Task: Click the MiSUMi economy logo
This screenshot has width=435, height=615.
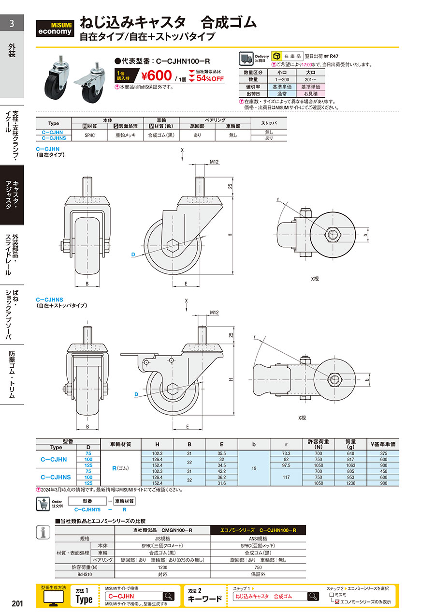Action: click(x=55, y=29)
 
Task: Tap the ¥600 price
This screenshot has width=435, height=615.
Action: click(x=157, y=75)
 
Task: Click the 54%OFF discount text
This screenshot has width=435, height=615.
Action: click(x=210, y=78)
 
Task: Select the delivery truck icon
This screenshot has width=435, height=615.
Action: click(x=246, y=59)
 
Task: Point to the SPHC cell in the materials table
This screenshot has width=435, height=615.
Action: click(x=90, y=135)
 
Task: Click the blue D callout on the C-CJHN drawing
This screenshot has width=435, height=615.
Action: click(x=133, y=255)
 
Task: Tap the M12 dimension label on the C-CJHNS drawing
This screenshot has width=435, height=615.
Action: click(x=214, y=313)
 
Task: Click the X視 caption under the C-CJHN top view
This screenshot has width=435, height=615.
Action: click(x=315, y=279)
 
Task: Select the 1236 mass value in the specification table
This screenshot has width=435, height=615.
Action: click(x=350, y=483)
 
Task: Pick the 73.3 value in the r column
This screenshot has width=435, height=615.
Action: click(x=286, y=453)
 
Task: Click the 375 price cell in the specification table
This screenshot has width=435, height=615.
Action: click(x=383, y=453)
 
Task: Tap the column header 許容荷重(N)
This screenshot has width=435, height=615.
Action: click(x=318, y=444)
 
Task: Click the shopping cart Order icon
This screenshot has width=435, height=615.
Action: click(x=43, y=504)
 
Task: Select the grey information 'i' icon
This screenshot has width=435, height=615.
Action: click(x=43, y=532)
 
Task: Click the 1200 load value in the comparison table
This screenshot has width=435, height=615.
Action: click(x=162, y=567)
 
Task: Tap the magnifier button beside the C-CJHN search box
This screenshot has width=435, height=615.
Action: click(x=169, y=596)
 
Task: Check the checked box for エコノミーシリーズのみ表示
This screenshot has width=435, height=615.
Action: click(x=337, y=601)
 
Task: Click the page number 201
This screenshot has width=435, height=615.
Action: click(x=17, y=603)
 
